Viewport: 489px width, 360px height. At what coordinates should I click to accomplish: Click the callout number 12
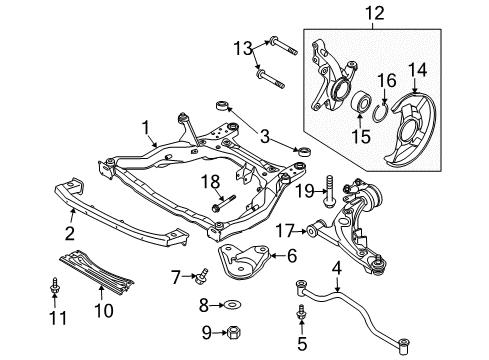[374, 13]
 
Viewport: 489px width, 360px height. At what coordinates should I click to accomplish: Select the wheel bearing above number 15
[361, 102]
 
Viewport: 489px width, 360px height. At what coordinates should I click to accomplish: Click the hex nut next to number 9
[234, 332]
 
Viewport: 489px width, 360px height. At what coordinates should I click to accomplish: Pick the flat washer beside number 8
[233, 304]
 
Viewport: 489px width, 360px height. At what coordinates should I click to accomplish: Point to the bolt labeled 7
[201, 277]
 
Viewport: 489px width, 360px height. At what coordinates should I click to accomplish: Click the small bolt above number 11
[54, 287]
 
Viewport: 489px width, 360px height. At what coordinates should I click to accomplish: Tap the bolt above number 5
[301, 313]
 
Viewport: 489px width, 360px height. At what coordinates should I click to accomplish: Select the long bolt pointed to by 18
[224, 203]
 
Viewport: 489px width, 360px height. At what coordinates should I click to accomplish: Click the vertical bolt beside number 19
[329, 191]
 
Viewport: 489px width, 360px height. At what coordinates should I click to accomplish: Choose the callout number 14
[417, 70]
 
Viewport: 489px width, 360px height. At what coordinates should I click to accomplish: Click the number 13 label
[242, 48]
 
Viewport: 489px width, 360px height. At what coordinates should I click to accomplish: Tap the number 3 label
[264, 136]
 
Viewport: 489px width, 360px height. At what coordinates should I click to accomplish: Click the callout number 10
[104, 311]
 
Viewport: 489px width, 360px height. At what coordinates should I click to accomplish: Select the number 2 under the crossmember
[70, 233]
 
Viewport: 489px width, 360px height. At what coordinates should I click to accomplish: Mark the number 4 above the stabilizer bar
[337, 268]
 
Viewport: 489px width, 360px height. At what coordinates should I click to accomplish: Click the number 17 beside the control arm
[285, 231]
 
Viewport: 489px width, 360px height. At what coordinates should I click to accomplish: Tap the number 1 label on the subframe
[145, 128]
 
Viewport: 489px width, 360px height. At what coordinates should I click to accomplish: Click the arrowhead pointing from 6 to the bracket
[272, 256]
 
